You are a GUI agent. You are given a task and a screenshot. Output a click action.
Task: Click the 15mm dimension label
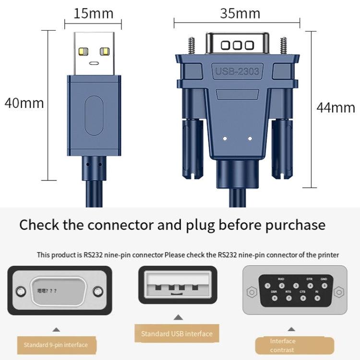(x=93, y=13)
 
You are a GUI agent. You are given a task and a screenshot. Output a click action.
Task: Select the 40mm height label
(x=24, y=103)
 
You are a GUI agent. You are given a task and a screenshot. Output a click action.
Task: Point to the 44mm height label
(x=336, y=108)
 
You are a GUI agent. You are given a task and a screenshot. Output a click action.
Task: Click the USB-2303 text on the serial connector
(x=237, y=72)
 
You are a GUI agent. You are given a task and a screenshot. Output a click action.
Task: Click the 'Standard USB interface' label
(x=177, y=334)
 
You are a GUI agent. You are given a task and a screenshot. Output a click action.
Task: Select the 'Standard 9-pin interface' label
(x=56, y=345)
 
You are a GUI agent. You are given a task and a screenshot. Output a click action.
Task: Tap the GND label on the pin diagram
(x=324, y=278)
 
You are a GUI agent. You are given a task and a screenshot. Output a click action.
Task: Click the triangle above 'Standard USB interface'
(x=178, y=317)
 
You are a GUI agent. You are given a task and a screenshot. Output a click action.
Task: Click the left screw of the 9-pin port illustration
(x=21, y=291)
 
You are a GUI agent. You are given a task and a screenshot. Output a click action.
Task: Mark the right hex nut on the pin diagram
(x=339, y=291)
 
